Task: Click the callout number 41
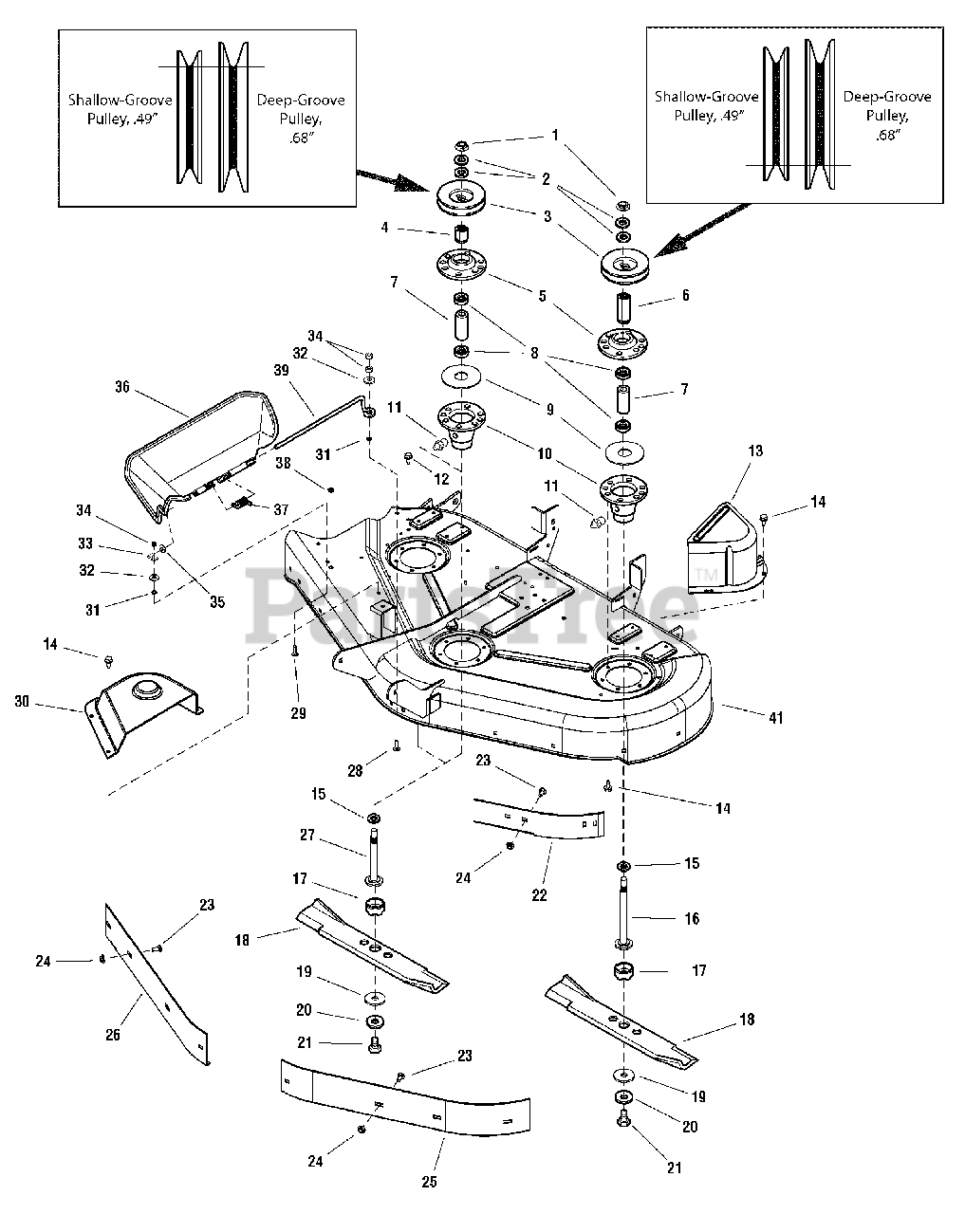[775, 718]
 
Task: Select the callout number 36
[121, 387]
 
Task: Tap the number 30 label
[22, 701]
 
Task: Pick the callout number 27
[307, 837]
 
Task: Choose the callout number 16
[691, 918]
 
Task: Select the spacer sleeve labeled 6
[624, 309]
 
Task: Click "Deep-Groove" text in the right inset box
[887, 97]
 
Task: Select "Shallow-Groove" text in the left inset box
[111, 100]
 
